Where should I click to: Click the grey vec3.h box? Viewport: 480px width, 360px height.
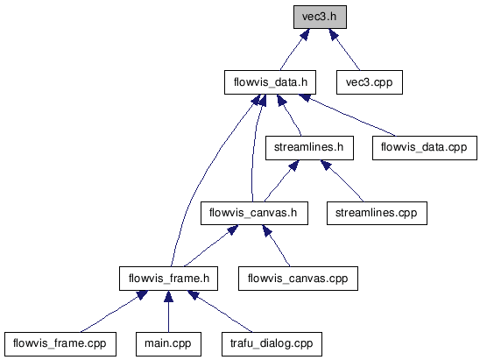[320, 18]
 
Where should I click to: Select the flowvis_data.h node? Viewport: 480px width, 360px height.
[270, 82]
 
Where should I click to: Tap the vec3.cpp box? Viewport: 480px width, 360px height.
[369, 82]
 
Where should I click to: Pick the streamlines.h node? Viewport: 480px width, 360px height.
[309, 148]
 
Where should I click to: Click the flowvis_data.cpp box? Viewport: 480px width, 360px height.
[425, 148]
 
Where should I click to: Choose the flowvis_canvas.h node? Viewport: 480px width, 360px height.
[254, 213]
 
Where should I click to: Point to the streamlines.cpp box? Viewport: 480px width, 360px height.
[377, 213]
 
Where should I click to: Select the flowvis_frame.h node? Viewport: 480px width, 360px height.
[168, 279]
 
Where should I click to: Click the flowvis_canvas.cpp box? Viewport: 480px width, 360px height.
[298, 279]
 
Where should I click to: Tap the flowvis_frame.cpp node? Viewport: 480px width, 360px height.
[60, 344]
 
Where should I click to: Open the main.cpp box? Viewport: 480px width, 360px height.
[168, 344]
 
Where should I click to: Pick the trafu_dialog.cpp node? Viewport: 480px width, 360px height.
[272, 344]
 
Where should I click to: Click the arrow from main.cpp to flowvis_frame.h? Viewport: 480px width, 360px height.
[168, 311]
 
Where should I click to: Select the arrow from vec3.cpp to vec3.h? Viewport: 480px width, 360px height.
[344, 49]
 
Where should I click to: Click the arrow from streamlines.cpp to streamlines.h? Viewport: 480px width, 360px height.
[342, 181]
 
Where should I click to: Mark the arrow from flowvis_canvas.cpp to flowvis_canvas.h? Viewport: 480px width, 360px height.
[276, 246]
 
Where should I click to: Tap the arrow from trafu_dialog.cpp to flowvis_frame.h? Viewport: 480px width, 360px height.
[220, 311]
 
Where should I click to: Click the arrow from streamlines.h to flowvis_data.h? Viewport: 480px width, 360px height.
[289, 115]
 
